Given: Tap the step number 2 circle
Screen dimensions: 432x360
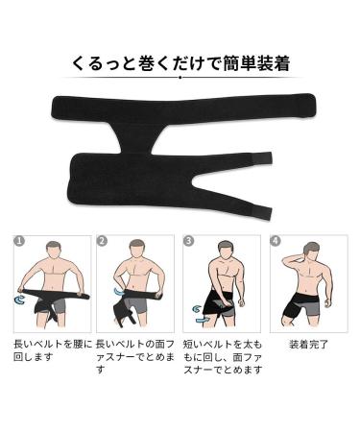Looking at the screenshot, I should coord(102,241).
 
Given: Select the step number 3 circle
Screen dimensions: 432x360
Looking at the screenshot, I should coord(188,241).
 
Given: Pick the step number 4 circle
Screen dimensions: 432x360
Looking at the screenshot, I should coord(276,241).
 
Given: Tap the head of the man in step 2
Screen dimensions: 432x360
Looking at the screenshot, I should coord(138,252).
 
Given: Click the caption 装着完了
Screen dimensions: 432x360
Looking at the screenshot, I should coord(310,343).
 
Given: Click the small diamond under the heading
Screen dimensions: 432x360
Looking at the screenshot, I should coord(180,84).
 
